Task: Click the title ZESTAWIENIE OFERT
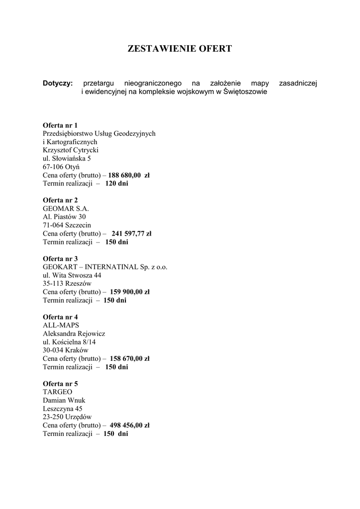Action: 180,49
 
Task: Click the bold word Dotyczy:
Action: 58,83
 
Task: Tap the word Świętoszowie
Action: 245,92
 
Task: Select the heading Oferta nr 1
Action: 60,125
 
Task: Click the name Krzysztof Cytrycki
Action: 71,150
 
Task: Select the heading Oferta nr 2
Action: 60,200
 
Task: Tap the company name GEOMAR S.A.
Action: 66,209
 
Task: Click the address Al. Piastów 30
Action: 64,217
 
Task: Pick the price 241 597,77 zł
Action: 131,234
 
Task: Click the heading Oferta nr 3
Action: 60,258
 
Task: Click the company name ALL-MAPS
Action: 58,325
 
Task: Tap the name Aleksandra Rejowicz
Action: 74,334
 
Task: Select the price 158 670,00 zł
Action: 129,358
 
